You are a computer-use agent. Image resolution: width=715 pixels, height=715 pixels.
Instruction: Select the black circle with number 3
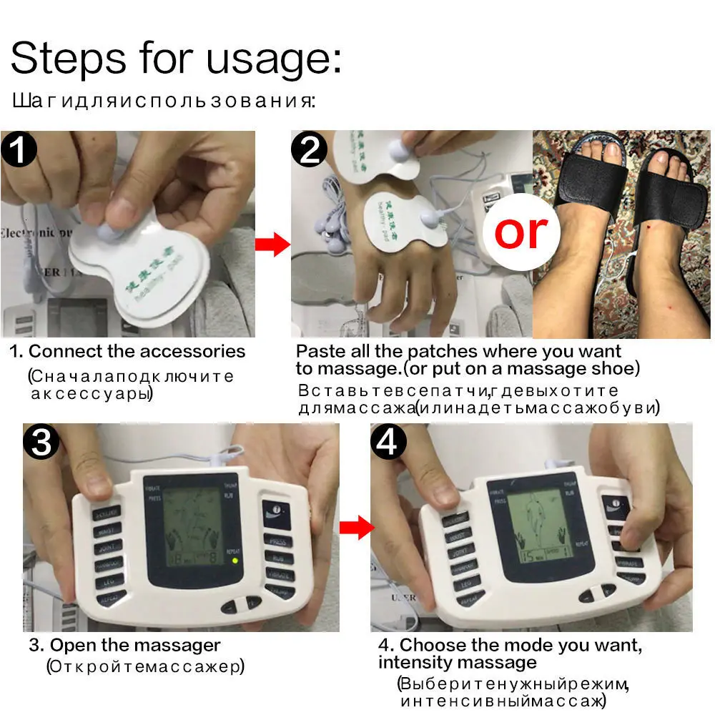coord(42,443)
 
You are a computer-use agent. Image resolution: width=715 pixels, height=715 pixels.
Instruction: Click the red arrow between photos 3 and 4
coord(356,528)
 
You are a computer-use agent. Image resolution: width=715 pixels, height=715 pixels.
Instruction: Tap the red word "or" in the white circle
coord(521,232)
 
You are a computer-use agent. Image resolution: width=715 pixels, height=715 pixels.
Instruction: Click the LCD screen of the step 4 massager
coord(532,521)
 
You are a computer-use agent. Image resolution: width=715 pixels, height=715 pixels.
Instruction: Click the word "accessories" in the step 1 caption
coord(192,352)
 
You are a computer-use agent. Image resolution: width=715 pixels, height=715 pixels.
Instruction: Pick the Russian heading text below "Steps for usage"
coord(162,100)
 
